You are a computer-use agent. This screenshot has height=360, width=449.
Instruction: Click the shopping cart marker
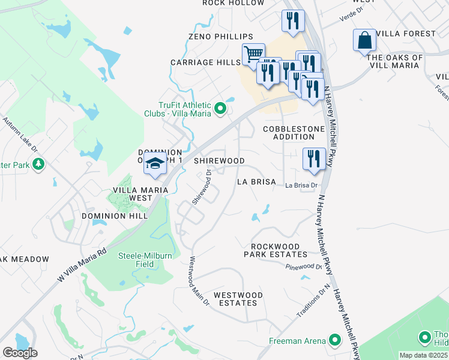point(254,54)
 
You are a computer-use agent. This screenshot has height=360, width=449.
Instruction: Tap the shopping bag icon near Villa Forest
point(364,41)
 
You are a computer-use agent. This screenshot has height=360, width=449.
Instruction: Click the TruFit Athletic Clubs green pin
point(220,109)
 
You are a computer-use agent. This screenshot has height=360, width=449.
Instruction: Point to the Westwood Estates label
point(238,299)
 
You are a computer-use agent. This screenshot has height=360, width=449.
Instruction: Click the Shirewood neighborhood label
point(219,161)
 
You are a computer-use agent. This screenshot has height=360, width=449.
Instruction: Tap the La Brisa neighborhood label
point(256,181)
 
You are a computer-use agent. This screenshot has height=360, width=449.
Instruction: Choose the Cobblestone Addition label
point(294,133)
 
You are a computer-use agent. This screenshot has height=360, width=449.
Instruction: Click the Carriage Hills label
point(205,62)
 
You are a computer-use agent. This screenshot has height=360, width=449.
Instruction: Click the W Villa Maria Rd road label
point(82,265)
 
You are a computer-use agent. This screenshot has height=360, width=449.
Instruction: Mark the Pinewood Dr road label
point(304,266)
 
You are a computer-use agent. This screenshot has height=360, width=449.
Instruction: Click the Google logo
point(20,352)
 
